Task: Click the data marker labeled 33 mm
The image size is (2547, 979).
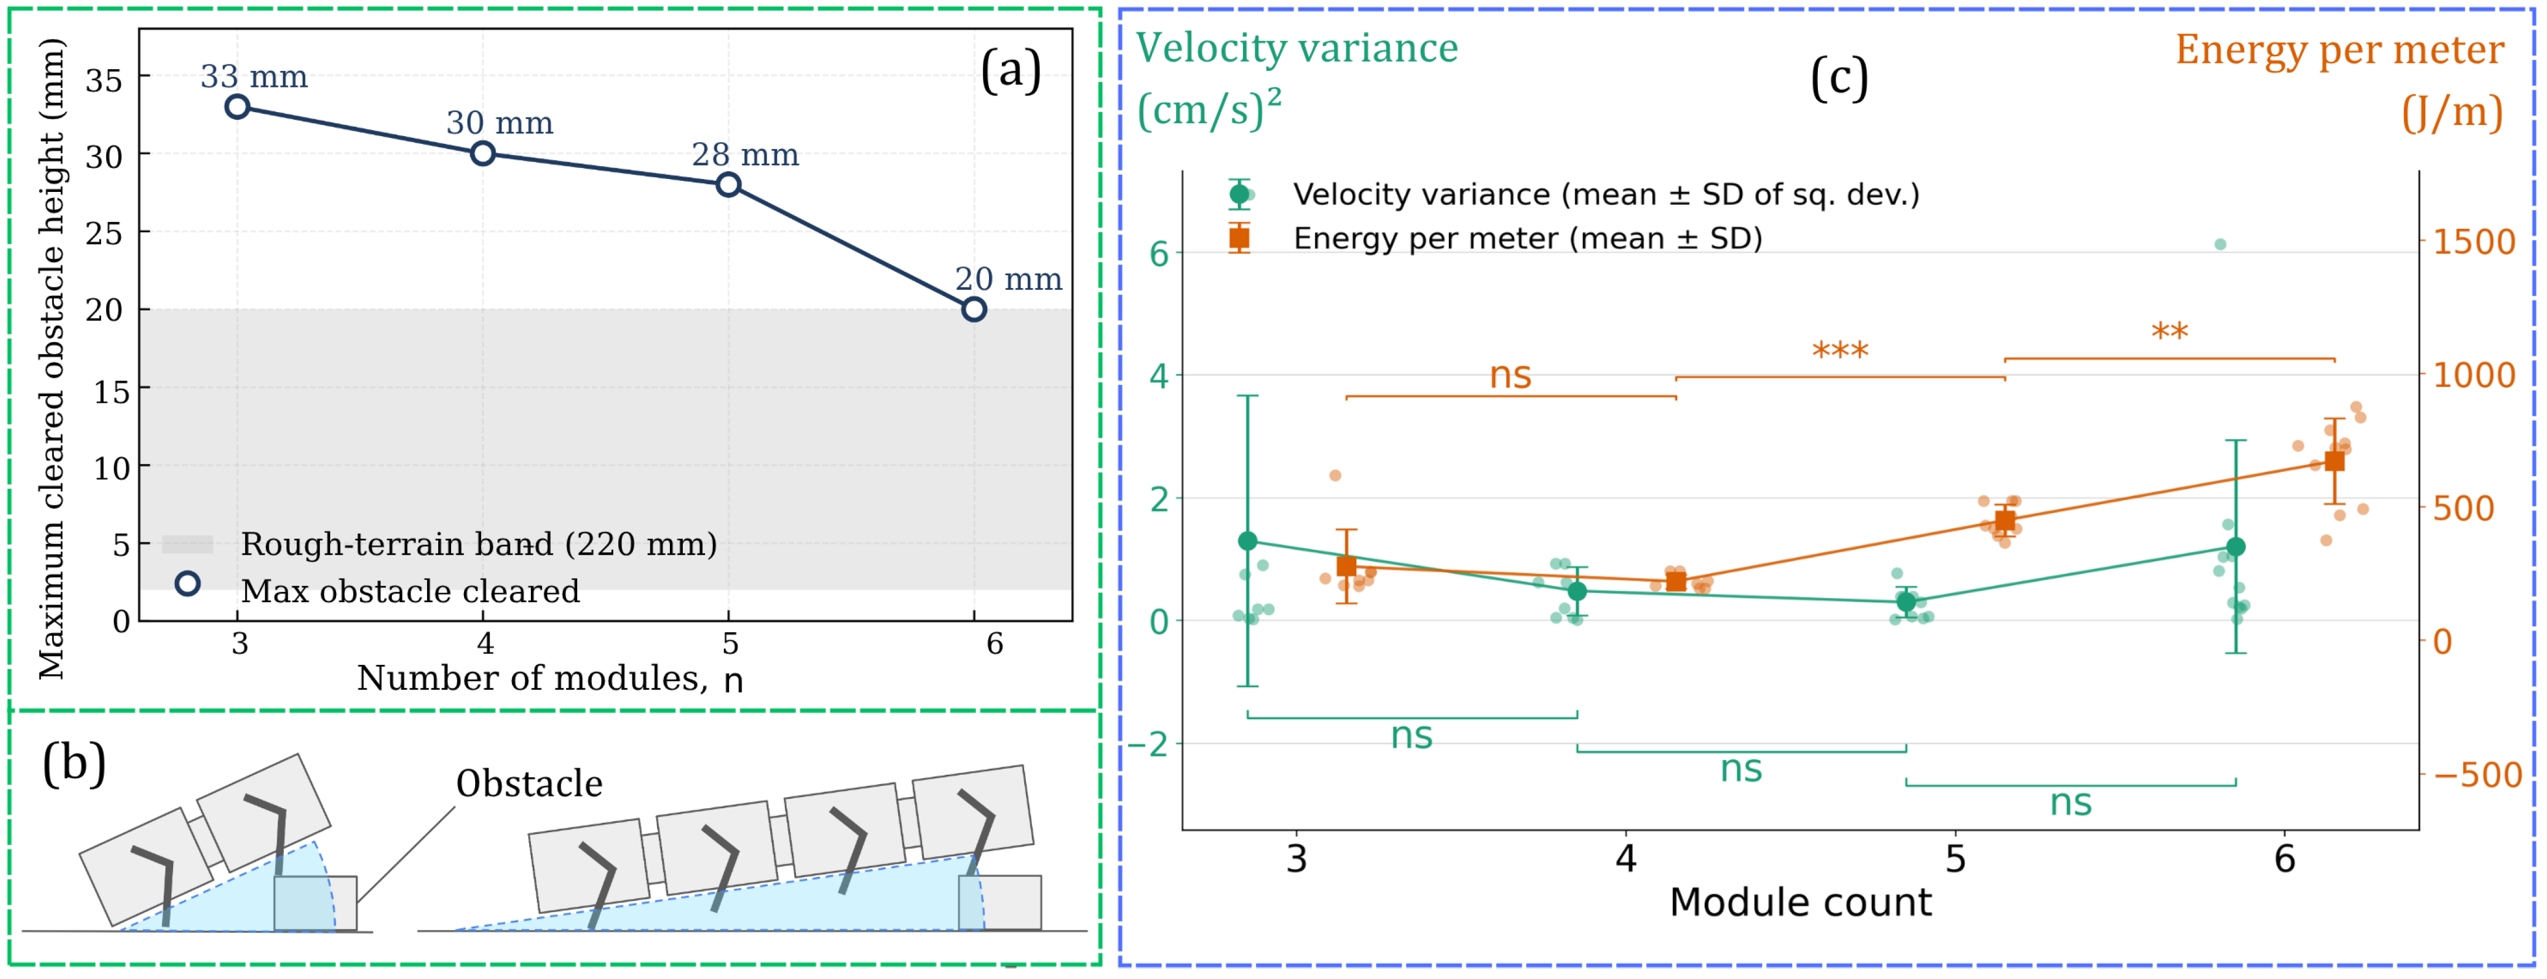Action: pos(238,106)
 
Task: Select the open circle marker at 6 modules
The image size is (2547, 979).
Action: pos(974,309)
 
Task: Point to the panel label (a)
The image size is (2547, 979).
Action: pos(1011,71)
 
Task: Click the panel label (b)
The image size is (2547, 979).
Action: pos(74,764)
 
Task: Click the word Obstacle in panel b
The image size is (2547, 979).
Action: pos(529,783)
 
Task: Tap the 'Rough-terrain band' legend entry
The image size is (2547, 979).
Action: pos(440,544)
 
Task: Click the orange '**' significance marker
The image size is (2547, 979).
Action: pos(2169,331)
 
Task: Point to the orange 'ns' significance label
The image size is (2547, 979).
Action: pos(1511,376)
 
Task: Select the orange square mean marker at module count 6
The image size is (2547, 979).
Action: pos(2335,461)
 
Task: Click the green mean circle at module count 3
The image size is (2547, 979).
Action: pos(1248,541)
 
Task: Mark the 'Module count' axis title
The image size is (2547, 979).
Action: pos(1800,902)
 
